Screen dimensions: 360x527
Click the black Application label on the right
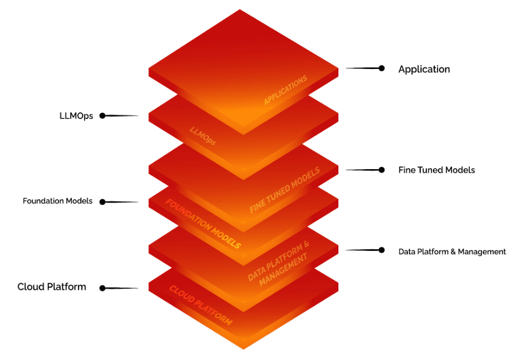pyautogui.click(x=424, y=69)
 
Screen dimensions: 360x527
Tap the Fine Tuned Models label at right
pyautogui.click(x=436, y=170)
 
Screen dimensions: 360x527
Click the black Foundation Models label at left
pyautogui.click(x=57, y=201)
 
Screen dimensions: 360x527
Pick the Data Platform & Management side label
pyautogui.click(x=452, y=251)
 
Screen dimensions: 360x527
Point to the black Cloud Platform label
pyautogui.click(x=52, y=287)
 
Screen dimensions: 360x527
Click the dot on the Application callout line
pyautogui.click(x=382, y=68)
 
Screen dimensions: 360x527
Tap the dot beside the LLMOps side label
pyautogui.click(x=102, y=116)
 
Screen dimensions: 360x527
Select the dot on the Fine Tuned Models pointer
pyautogui.click(x=382, y=170)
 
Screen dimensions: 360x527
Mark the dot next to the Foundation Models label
pyautogui.click(x=102, y=201)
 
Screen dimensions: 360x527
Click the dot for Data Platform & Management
pyautogui.click(x=382, y=250)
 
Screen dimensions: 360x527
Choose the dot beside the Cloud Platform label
pyautogui.click(x=102, y=288)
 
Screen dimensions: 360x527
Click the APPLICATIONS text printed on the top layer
pyautogui.click(x=285, y=90)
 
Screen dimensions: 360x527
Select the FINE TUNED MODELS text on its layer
pyautogui.click(x=285, y=190)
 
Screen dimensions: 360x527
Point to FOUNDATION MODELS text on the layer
pyautogui.click(x=203, y=223)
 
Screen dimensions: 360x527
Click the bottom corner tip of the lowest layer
pyautogui.click(x=243, y=348)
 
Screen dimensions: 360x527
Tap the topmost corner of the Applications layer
pyautogui.click(x=240, y=10)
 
